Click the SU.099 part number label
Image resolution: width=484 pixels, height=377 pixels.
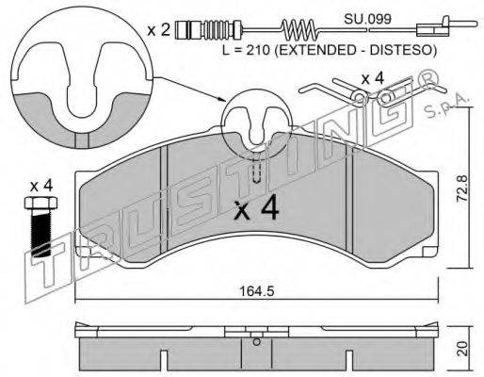point(367,19)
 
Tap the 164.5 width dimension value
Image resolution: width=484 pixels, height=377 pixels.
point(257,291)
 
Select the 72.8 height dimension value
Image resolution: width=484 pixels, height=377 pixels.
point(461,188)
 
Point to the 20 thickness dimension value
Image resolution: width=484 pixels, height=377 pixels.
point(461,349)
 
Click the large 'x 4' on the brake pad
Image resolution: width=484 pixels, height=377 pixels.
point(257,207)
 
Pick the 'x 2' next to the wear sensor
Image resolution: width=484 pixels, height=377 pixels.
point(159,30)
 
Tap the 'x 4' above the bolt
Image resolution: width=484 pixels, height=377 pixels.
point(41,187)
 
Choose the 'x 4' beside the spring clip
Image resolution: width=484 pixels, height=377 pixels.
point(372,78)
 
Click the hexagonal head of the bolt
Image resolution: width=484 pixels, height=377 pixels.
point(41,203)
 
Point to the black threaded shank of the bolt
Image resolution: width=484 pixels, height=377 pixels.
point(41,233)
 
